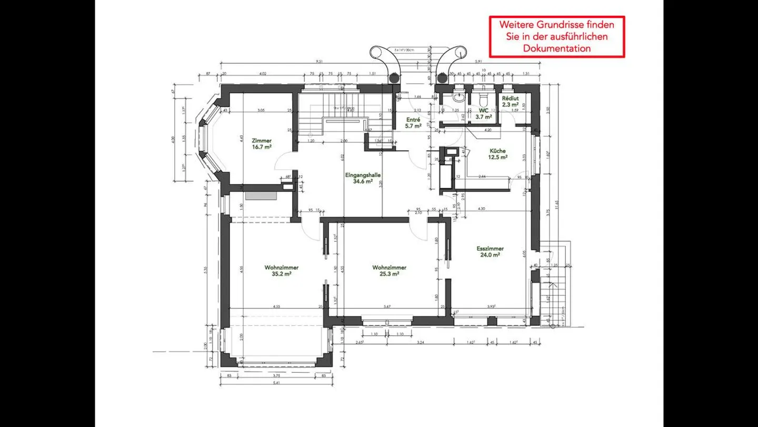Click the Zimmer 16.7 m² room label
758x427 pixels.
click(x=262, y=144)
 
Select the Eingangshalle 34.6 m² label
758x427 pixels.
click(x=363, y=178)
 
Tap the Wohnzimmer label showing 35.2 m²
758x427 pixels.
click(x=278, y=270)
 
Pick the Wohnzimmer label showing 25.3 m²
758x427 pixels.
click(x=389, y=270)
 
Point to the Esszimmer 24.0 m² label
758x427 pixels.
click(x=490, y=251)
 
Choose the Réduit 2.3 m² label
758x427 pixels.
click(x=510, y=102)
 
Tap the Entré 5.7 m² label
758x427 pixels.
click(x=413, y=123)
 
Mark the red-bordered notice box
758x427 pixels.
click(x=557, y=36)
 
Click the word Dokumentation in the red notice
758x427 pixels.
click(x=557, y=48)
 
